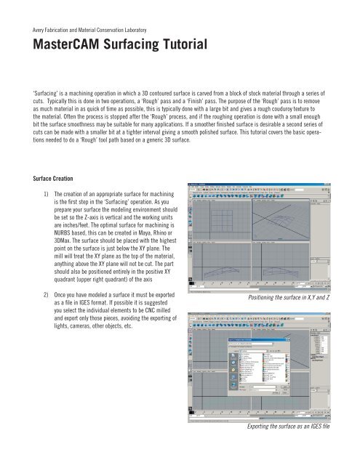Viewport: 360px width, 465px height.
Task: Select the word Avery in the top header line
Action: point(34,30)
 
